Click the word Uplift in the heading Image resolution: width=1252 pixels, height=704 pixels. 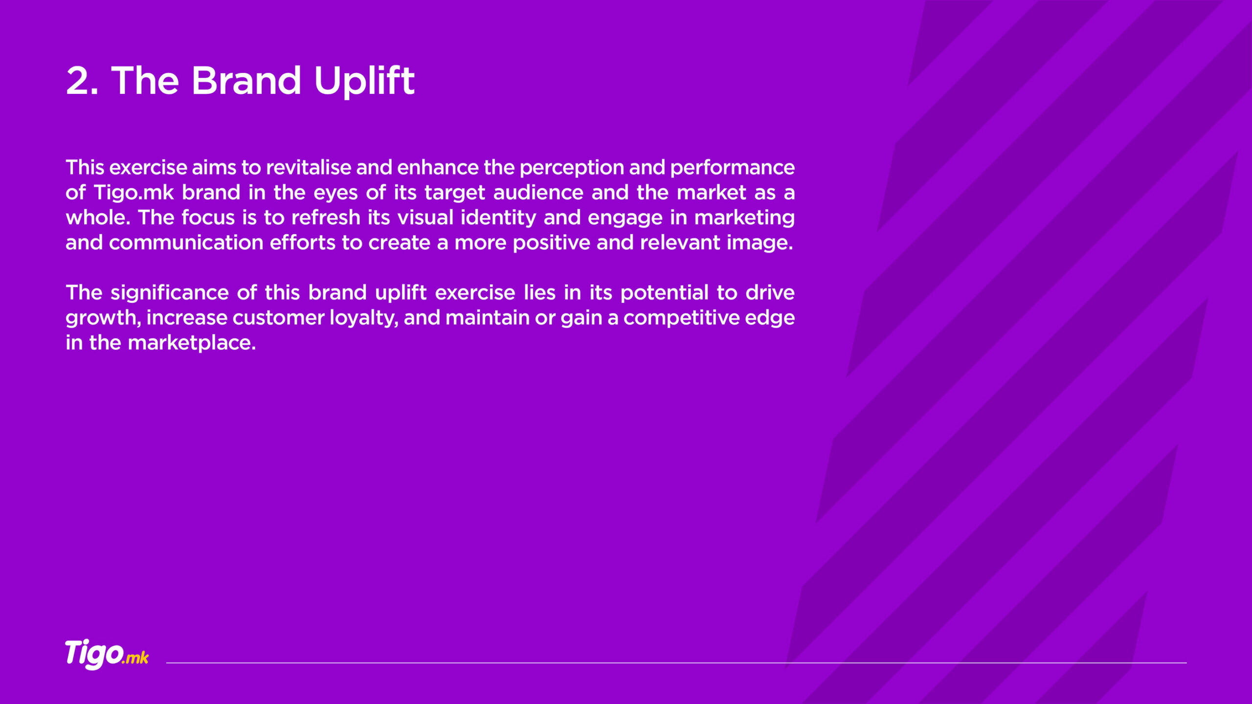point(364,81)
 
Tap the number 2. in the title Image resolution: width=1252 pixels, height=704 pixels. point(82,81)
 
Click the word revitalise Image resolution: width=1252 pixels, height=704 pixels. point(309,168)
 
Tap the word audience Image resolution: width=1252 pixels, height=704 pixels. point(538,193)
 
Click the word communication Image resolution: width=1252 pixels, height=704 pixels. point(186,242)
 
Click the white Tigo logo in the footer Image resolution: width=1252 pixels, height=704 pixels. point(94,654)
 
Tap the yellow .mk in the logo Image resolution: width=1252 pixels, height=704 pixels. point(135,658)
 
